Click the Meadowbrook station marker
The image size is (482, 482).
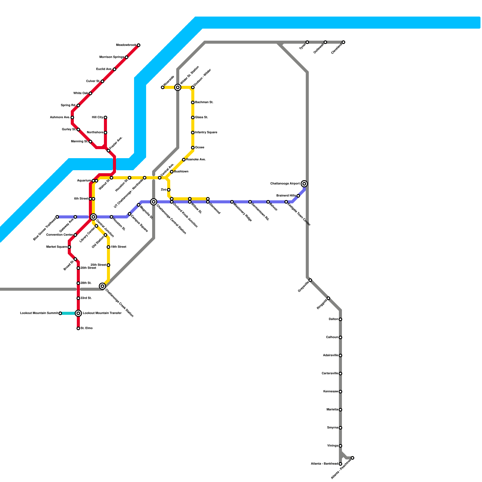(139, 45)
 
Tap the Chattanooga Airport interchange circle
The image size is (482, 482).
(304, 184)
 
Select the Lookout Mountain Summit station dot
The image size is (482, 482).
(60, 313)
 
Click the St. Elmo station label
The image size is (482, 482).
(86, 328)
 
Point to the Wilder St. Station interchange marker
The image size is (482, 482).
(178, 87)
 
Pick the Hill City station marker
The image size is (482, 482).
(105, 117)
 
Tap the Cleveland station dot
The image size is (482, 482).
(343, 42)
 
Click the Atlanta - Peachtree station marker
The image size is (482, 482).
(352, 458)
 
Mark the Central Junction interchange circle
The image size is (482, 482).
(93, 217)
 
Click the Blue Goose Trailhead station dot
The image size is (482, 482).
(57, 217)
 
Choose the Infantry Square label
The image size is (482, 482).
(206, 133)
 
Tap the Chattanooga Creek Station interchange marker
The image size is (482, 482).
(102, 286)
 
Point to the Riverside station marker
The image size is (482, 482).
(163, 87)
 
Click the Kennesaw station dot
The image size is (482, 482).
(340, 392)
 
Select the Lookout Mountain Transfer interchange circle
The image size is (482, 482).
(78, 313)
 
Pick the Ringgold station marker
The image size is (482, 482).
(328, 298)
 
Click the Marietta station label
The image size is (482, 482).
(332, 410)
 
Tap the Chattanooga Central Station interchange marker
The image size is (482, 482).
(154, 202)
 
